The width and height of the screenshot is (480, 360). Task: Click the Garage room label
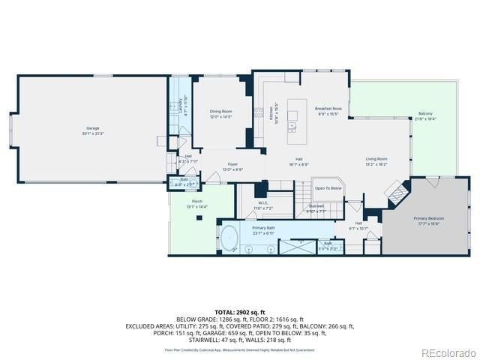pyautogui.click(x=92, y=128)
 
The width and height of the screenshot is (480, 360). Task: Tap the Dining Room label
pyautogui.click(x=220, y=112)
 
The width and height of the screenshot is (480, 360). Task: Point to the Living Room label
pyautogui.click(x=376, y=159)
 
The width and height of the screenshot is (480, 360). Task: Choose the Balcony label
pyautogui.click(x=425, y=114)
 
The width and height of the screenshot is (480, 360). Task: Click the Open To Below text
pyautogui.click(x=328, y=188)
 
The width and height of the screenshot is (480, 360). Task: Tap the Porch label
pyautogui.click(x=197, y=202)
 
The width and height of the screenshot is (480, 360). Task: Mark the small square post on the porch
pyautogui.click(x=199, y=217)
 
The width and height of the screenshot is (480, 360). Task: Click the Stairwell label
pyautogui.click(x=316, y=206)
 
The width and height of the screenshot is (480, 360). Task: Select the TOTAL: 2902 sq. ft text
pyautogui.click(x=240, y=311)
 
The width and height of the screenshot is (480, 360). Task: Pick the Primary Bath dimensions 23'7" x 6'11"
pyautogui.click(x=263, y=232)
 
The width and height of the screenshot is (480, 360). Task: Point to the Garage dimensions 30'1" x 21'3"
pyautogui.click(x=92, y=133)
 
